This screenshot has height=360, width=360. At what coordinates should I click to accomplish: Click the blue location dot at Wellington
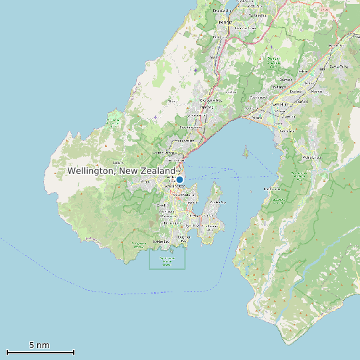(x=179, y=179)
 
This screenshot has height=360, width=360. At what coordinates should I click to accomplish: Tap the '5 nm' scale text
(x=39, y=345)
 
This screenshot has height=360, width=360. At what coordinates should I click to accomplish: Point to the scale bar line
(x=40, y=353)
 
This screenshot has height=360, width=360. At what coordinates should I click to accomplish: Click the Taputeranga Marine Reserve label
(x=167, y=262)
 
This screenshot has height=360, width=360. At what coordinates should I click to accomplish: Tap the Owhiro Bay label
(x=161, y=242)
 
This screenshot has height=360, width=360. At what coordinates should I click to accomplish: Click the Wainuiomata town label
(x=311, y=157)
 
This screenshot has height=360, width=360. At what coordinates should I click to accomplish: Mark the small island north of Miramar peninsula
(x=246, y=152)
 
